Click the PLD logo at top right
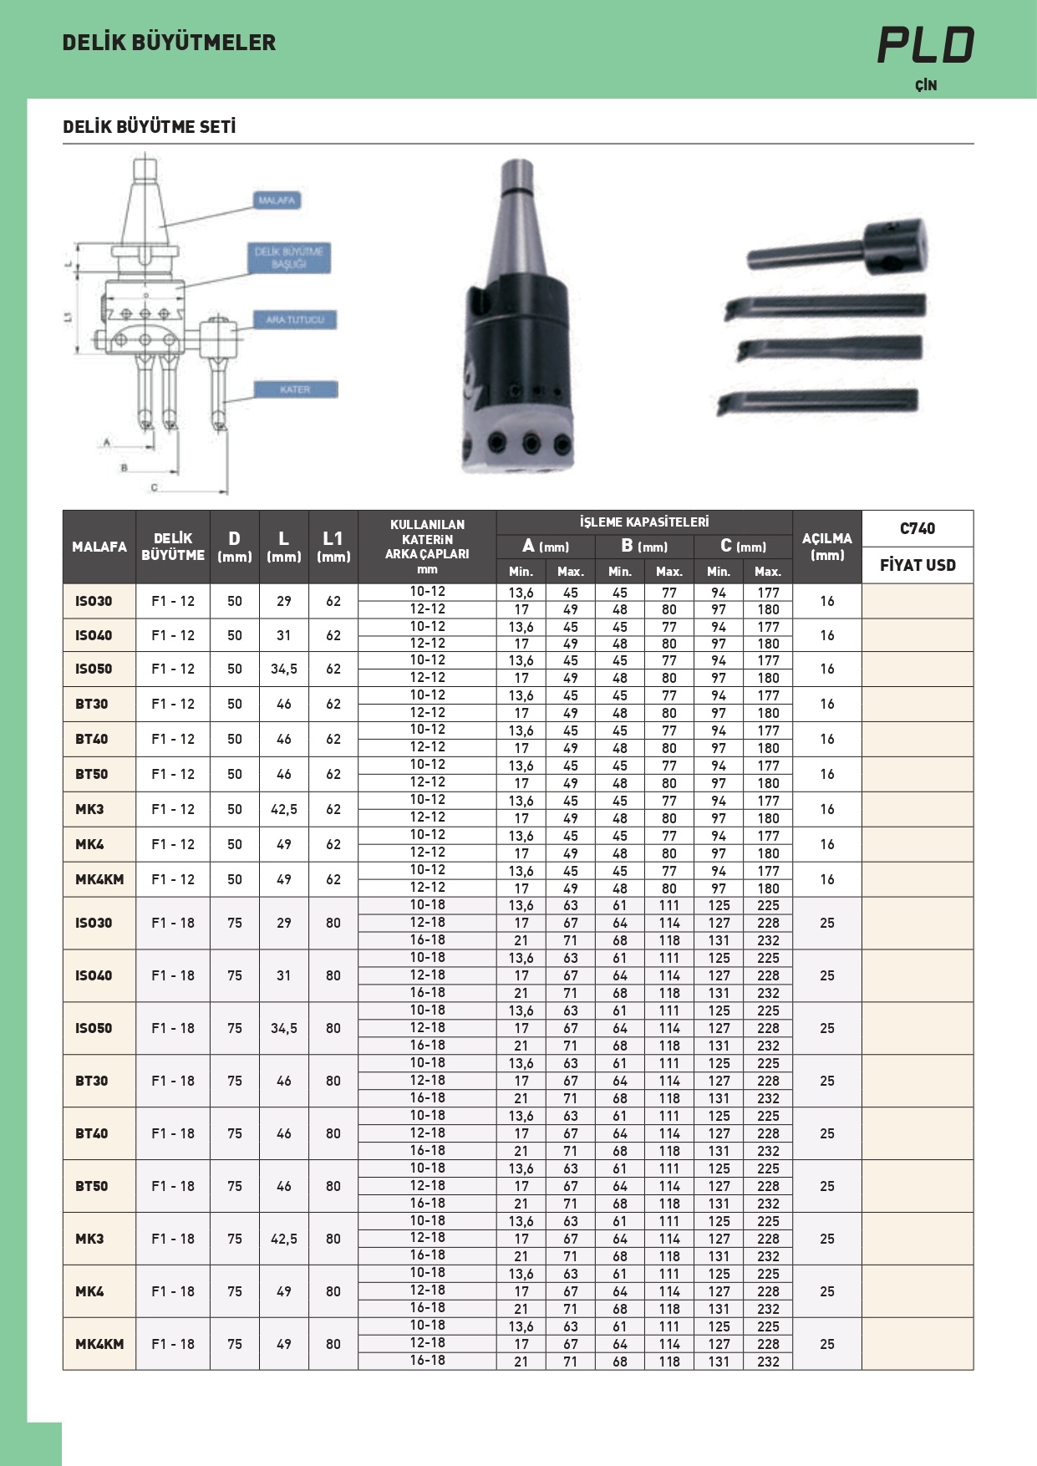coord(925,45)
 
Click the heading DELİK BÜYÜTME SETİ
coord(149,127)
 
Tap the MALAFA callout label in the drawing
coord(277,201)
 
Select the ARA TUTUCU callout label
coord(294,319)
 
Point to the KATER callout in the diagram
coord(295,389)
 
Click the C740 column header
coord(917,528)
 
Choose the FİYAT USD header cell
coord(917,565)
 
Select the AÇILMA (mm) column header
coord(826,547)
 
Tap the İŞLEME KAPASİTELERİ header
coord(643,522)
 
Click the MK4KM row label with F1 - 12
coord(99,879)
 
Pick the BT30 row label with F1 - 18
coord(92,1081)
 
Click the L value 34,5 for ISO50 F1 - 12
coord(284,669)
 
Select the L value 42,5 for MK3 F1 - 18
coord(284,1239)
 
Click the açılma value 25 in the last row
coord(826,1344)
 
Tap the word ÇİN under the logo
coord(925,85)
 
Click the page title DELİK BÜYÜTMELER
coord(169,43)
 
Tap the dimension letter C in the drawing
coord(154,487)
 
